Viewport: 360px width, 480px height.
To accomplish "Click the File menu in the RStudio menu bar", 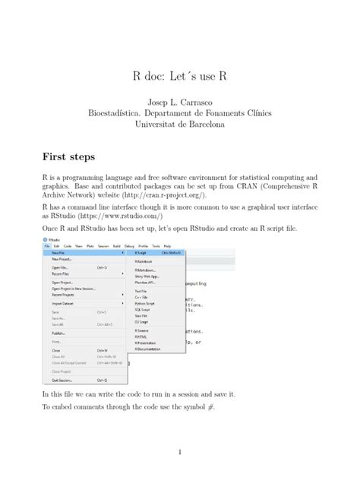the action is [x=47, y=246].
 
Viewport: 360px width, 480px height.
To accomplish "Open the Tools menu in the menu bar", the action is [x=155, y=246].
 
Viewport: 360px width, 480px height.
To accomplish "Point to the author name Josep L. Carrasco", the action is [x=180, y=101].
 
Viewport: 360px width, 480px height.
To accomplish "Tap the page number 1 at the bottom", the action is [x=179, y=453].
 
